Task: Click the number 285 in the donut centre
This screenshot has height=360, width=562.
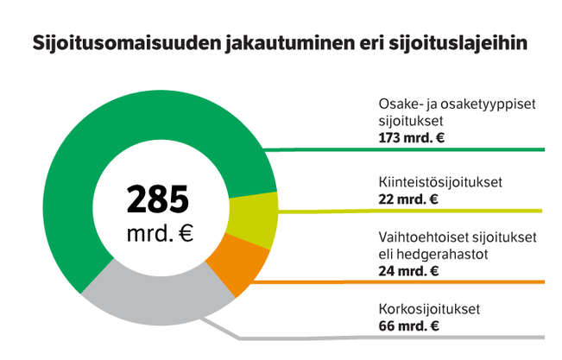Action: pyautogui.click(x=158, y=199)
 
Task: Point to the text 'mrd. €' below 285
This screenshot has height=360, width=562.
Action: pyautogui.click(x=158, y=233)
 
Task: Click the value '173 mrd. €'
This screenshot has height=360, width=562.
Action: pyautogui.click(x=411, y=137)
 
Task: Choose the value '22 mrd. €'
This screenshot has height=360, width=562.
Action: pyautogui.click(x=407, y=199)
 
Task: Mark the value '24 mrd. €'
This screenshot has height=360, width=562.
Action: pyautogui.click(x=408, y=270)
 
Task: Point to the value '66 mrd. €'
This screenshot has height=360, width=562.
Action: pyautogui.click(x=408, y=325)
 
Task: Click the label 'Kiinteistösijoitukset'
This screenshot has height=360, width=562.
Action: pyautogui.click(x=440, y=183)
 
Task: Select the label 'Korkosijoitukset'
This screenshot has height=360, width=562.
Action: pyautogui.click(x=428, y=309)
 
